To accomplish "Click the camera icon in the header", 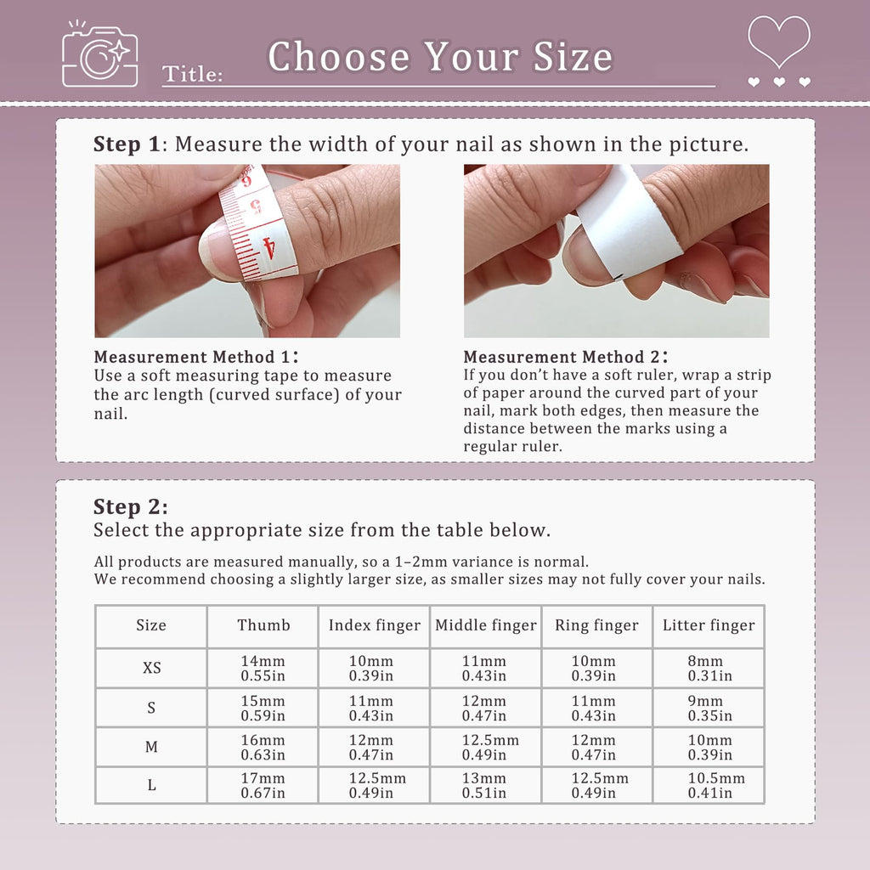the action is pyautogui.click(x=100, y=55).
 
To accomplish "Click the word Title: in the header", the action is pyautogui.click(x=192, y=75).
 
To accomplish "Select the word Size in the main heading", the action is pyautogui.click(x=573, y=57).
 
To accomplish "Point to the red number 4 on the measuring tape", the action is pyautogui.click(x=268, y=248).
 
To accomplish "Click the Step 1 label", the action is pyautogui.click(x=127, y=144).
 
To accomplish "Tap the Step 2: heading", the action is pyautogui.click(x=130, y=506).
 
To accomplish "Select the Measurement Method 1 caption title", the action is pyautogui.click(x=196, y=357).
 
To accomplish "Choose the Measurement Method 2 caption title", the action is pyautogui.click(x=565, y=357).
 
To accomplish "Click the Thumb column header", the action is pyautogui.click(x=263, y=625).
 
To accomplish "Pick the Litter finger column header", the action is pyautogui.click(x=709, y=625).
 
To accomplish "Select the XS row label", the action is pyautogui.click(x=151, y=668).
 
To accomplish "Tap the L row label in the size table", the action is pyautogui.click(x=151, y=785).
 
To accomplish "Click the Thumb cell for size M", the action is pyautogui.click(x=263, y=748).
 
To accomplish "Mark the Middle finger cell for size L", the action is pyautogui.click(x=484, y=786).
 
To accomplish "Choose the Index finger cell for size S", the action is pyautogui.click(x=371, y=709).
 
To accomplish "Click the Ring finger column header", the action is pyautogui.click(x=596, y=625).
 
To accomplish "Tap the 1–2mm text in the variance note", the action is pyautogui.click(x=421, y=562).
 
